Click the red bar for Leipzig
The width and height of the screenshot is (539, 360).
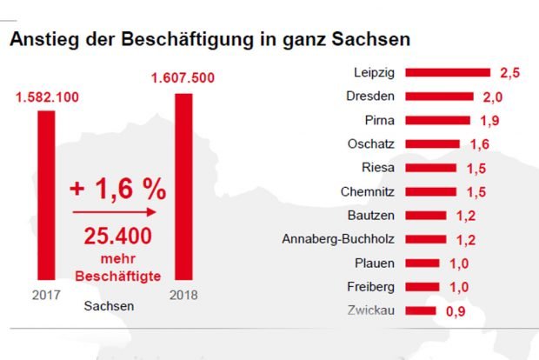pyautogui.click(x=447, y=72)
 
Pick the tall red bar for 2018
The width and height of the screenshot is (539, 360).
pyautogui.click(x=183, y=186)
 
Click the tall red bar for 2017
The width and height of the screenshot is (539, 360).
pyautogui.click(x=46, y=196)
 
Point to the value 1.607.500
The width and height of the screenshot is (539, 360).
pyautogui.click(x=183, y=78)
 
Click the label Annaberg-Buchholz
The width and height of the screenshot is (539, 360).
pyautogui.click(x=339, y=238)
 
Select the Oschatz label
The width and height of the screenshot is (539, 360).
pyautogui.click(x=371, y=143)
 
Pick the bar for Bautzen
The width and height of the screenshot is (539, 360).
pyautogui.click(x=425, y=215)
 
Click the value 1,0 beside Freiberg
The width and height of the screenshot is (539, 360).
pyautogui.click(x=459, y=286)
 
